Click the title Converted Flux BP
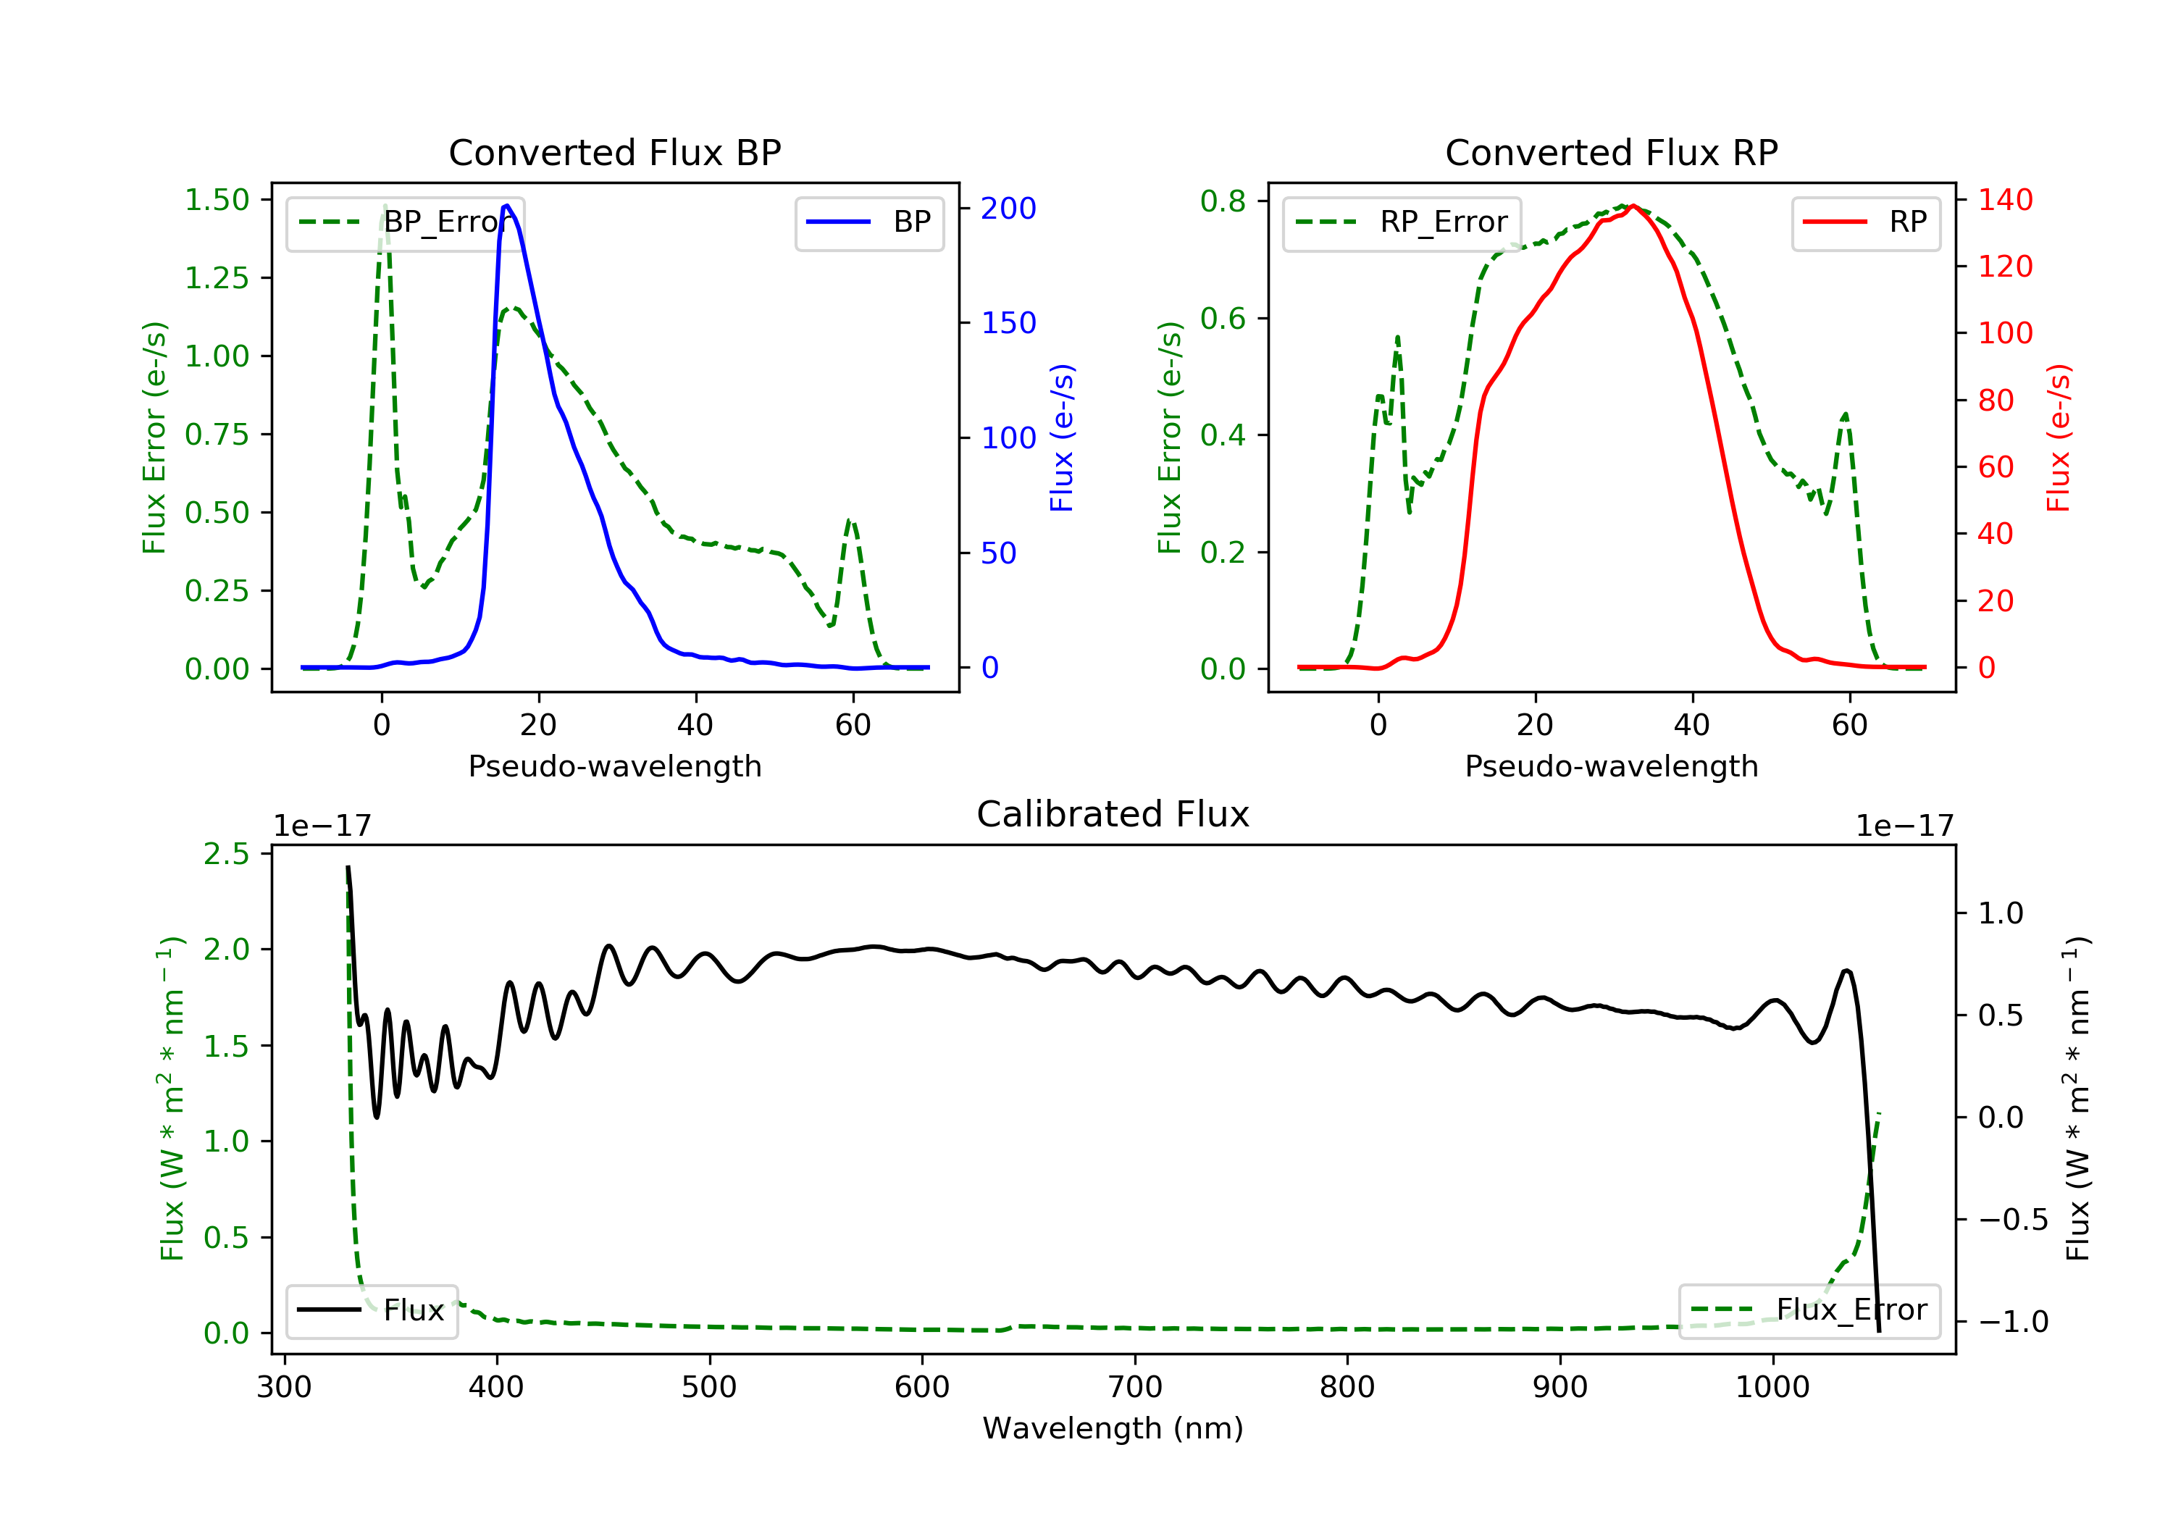click(614, 152)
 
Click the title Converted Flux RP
click(1611, 152)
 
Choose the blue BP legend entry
click(868, 222)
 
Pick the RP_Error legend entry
click(1402, 222)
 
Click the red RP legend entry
click(1865, 222)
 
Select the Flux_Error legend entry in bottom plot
click(1809, 1310)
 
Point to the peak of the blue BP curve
click(507, 206)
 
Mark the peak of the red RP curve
click(1633, 206)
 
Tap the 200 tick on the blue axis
click(1008, 208)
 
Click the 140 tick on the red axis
click(2004, 200)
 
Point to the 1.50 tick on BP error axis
click(217, 200)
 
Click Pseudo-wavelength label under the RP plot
click(1611, 766)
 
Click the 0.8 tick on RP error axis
click(1223, 201)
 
